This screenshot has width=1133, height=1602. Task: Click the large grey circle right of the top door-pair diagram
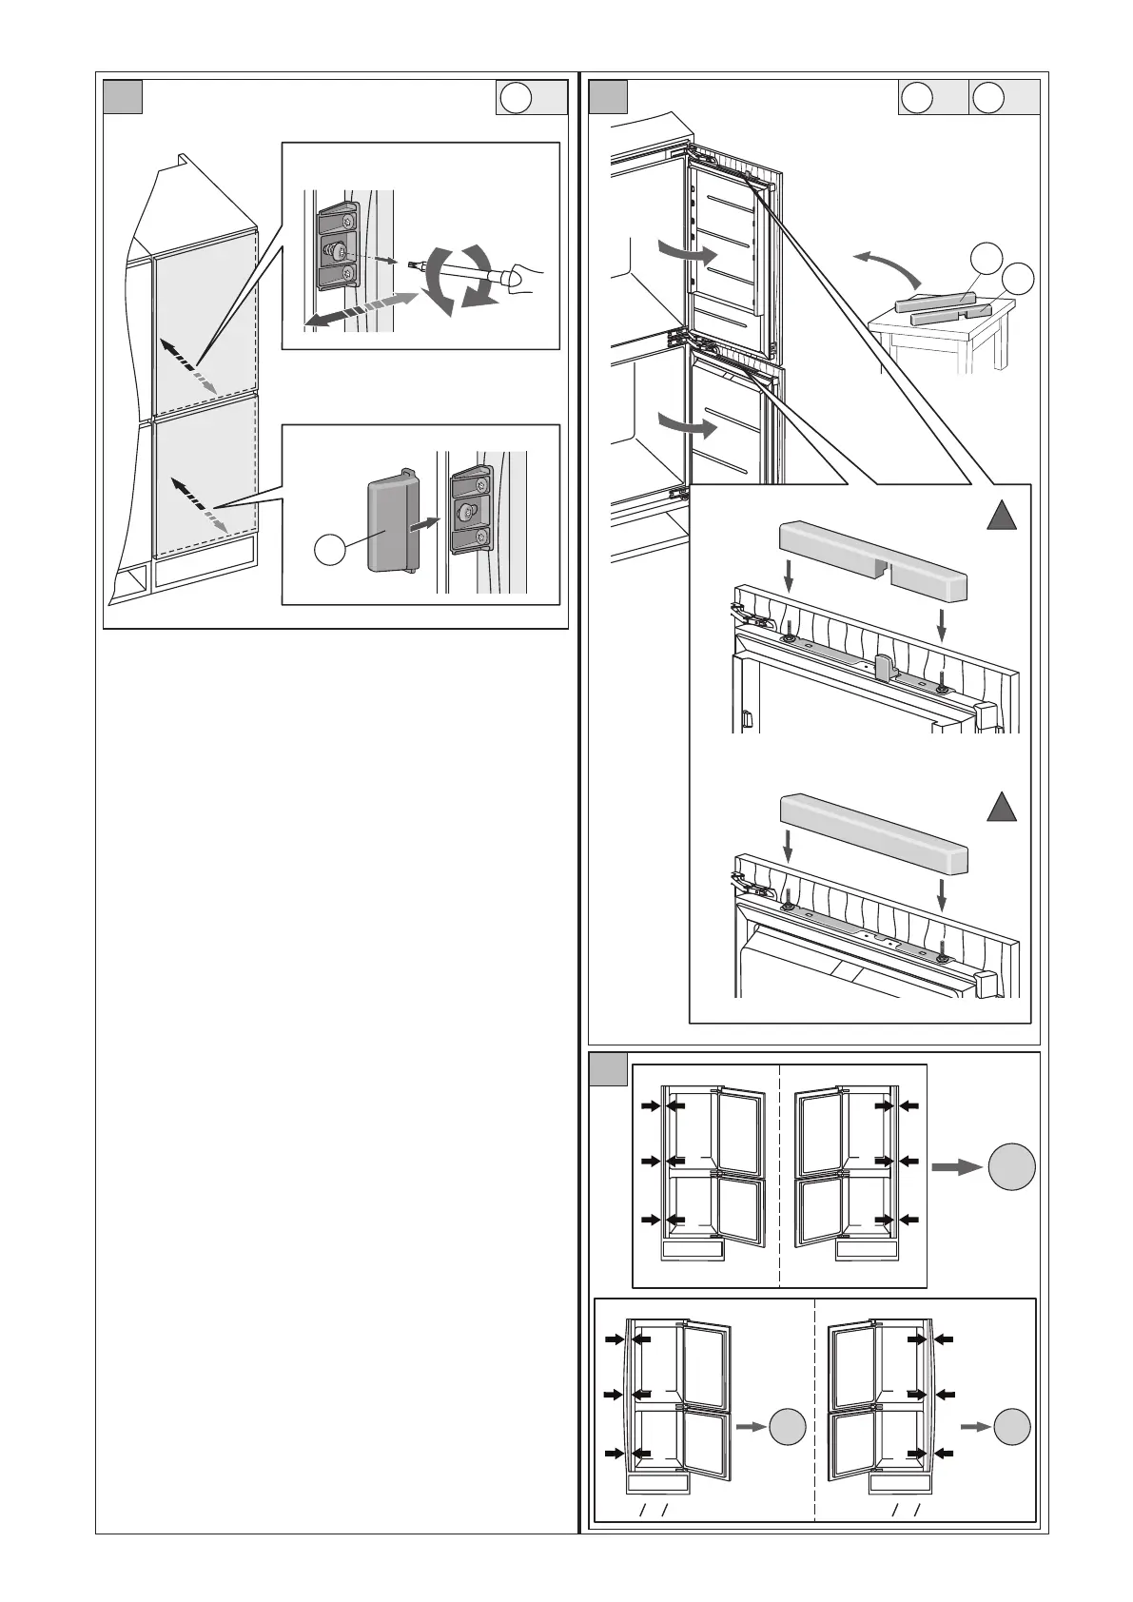point(1011,1166)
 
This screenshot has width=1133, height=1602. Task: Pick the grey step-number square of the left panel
point(123,97)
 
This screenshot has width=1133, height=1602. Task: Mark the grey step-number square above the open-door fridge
point(608,97)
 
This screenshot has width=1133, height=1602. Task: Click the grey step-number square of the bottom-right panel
point(608,1069)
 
